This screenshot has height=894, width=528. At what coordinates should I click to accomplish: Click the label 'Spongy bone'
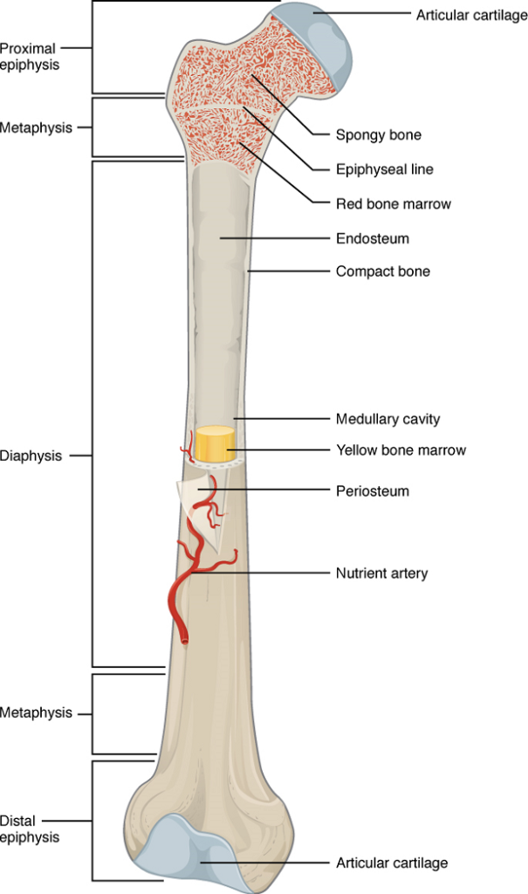tap(378, 135)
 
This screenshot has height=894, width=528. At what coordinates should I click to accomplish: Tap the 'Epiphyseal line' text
tap(384, 169)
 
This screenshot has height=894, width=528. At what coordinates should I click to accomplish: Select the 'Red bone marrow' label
tap(394, 203)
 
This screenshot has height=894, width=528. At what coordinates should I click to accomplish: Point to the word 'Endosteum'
tap(373, 238)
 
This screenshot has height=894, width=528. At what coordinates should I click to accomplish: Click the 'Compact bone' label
tap(382, 272)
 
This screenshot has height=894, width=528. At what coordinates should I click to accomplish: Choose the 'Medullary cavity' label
tap(387, 419)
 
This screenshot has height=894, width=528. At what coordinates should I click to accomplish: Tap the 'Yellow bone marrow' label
tap(401, 450)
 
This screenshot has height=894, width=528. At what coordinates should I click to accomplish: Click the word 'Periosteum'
tap(373, 491)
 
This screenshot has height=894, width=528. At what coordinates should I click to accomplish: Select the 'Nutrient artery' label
tap(381, 573)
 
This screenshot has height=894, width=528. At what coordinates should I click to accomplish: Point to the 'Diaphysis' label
tap(31, 456)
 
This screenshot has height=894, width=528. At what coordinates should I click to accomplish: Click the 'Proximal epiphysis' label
tap(30, 57)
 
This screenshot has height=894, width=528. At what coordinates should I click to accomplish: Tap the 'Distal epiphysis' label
tap(30, 829)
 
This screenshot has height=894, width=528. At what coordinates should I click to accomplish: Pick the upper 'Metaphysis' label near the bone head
tap(36, 127)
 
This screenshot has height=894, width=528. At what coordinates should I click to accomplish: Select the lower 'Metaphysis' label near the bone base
tap(36, 712)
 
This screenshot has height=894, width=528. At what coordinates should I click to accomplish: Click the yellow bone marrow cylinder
tap(215, 444)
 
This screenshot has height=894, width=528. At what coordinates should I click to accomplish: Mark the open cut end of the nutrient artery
tap(184, 642)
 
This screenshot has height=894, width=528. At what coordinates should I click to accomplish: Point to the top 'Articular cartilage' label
tap(471, 16)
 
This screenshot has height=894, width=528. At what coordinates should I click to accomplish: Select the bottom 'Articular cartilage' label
tap(392, 863)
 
